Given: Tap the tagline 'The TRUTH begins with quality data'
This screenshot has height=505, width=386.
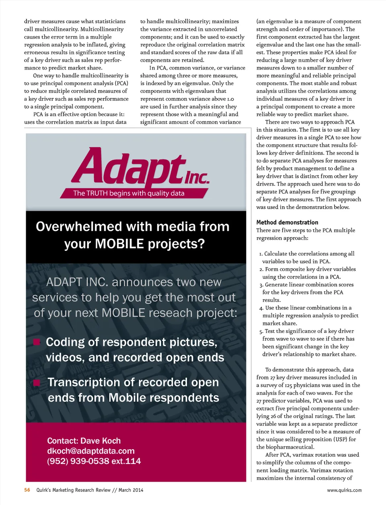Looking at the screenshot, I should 129,193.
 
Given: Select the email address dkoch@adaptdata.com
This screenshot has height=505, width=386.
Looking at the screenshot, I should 91,451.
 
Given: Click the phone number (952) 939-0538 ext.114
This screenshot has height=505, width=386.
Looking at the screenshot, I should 94,461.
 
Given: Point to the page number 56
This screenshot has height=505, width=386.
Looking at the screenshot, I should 27,490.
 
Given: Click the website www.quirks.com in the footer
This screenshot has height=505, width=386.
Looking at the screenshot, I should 344,490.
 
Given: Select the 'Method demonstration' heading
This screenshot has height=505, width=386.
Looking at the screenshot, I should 287,222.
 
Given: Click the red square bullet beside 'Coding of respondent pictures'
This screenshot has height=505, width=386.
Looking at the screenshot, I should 37,342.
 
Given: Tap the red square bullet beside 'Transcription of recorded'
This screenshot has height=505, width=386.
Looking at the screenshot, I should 37,382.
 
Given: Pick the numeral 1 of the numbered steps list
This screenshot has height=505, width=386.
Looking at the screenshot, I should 261,254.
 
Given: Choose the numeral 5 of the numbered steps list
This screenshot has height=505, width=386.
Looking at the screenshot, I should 261,331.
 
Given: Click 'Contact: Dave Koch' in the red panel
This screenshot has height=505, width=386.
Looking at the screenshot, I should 84,441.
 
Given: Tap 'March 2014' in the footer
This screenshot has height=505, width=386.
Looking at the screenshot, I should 131,490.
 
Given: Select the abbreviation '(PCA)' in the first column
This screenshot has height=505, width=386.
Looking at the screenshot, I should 121,83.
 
